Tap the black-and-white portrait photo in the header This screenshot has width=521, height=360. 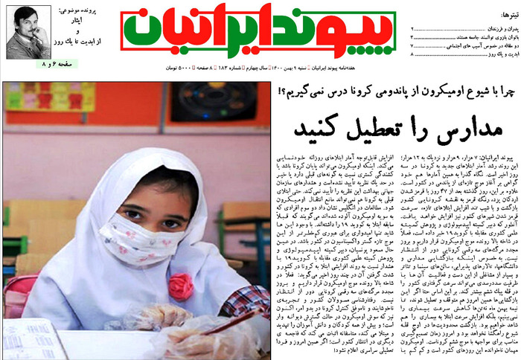click(x=28, y=31)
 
